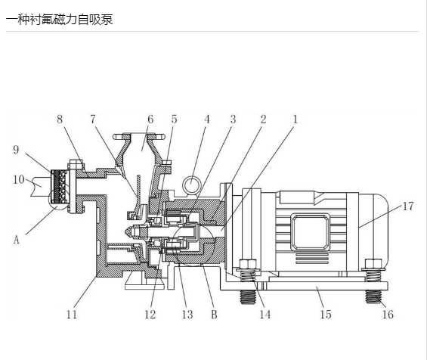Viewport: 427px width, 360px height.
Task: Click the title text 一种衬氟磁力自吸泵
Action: point(60,20)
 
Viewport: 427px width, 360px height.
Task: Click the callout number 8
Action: point(60,119)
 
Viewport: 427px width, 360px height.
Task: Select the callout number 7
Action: point(93,119)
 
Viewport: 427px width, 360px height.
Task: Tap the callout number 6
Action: point(150,119)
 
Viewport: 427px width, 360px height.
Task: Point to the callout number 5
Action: point(174,119)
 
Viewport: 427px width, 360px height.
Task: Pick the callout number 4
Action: point(207,119)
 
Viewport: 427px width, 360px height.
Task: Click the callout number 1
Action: point(295,119)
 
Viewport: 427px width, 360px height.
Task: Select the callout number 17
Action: point(408,206)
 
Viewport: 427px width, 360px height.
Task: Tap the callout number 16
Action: point(388,315)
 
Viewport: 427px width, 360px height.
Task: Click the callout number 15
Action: point(326,315)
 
